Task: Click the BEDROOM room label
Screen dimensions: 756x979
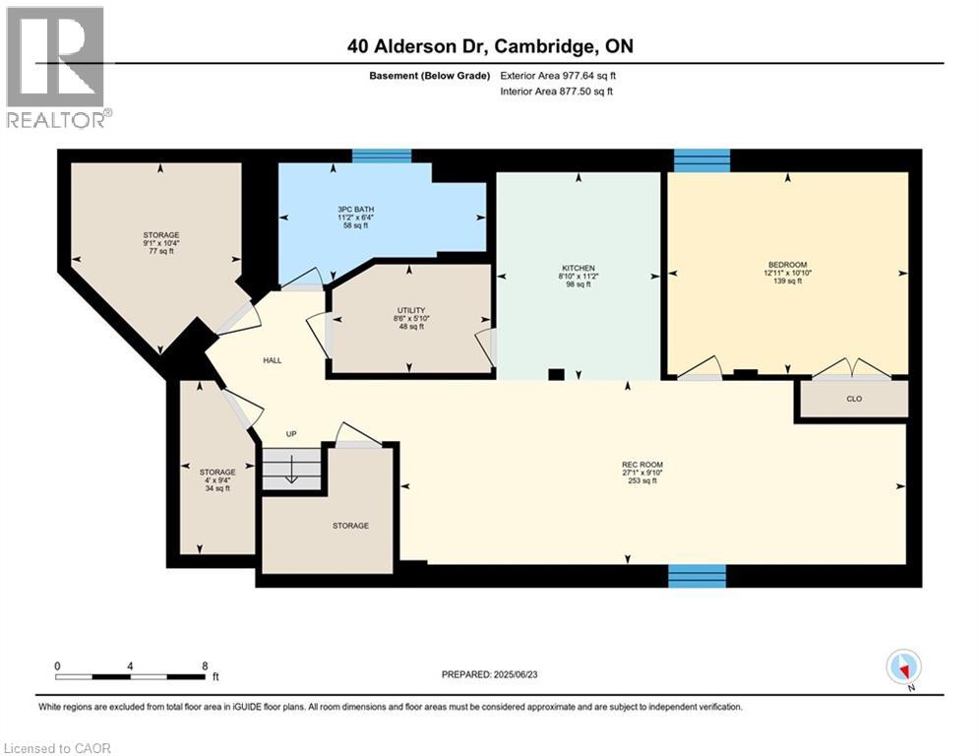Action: [787, 265]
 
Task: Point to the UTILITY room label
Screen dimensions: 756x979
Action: [408, 310]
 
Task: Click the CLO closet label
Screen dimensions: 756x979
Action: [852, 400]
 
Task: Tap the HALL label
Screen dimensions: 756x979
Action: [273, 360]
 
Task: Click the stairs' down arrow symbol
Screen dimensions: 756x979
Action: [292, 473]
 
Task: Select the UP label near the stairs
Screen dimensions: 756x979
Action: [291, 434]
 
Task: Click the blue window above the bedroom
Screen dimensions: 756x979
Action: [702, 159]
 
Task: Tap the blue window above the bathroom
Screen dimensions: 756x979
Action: [382, 156]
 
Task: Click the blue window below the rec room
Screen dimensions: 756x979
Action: [697, 576]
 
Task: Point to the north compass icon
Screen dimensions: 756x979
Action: [902, 667]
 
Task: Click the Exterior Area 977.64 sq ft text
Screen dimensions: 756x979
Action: [559, 76]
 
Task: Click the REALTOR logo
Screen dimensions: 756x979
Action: [55, 67]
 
